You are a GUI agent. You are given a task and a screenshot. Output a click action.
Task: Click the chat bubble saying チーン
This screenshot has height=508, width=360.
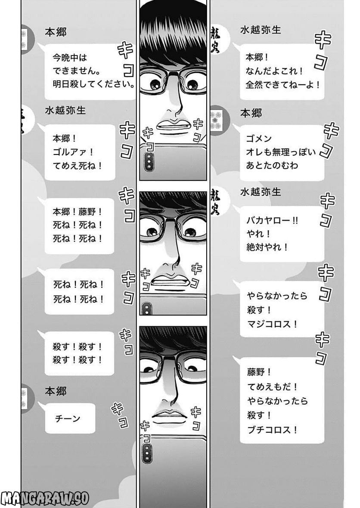pos(70,418)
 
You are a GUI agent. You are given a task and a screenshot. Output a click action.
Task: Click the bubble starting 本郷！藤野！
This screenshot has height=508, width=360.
pos(80,225)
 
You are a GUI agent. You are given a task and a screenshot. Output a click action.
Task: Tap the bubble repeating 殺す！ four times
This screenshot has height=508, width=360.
pos(80,353)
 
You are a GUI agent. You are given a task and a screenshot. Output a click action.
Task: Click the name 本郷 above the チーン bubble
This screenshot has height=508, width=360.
pos(56,391)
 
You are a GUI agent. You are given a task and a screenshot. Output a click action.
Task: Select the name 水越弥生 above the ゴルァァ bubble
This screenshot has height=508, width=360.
pos(65,110)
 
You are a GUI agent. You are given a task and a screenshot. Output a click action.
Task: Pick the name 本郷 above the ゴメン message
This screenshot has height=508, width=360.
pos(251,113)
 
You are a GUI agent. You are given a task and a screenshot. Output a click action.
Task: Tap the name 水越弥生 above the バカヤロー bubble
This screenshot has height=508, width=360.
pos(261,192)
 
